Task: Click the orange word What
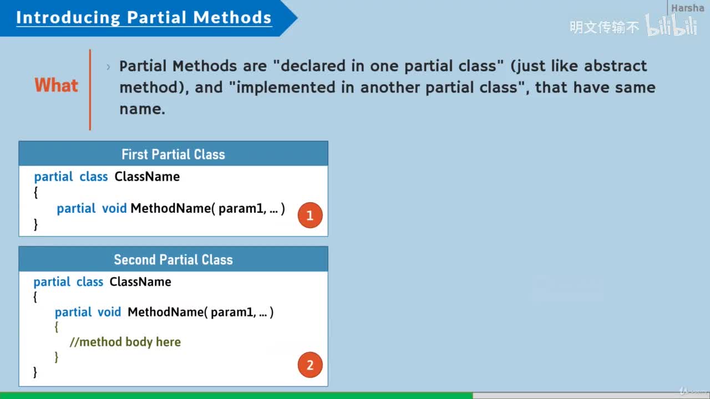(57, 85)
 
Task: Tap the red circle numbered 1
(310, 216)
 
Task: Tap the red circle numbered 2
(310, 365)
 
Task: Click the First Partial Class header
(174, 154)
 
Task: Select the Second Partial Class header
(174, 259)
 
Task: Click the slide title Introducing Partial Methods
(144, 17)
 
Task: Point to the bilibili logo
(671, 25)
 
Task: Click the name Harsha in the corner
(687, 8)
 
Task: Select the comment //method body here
(125, 342)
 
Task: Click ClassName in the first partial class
(147, 176)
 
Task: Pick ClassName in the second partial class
(140, 282)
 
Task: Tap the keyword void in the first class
(114, 208)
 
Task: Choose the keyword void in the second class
(109, 312)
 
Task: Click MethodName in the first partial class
(170, 208)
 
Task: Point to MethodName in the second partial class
(165, 312)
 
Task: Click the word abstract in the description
(615, 66)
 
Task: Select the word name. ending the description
(143, 109)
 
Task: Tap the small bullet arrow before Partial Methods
(108, 67)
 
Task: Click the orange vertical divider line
(90, 90)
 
